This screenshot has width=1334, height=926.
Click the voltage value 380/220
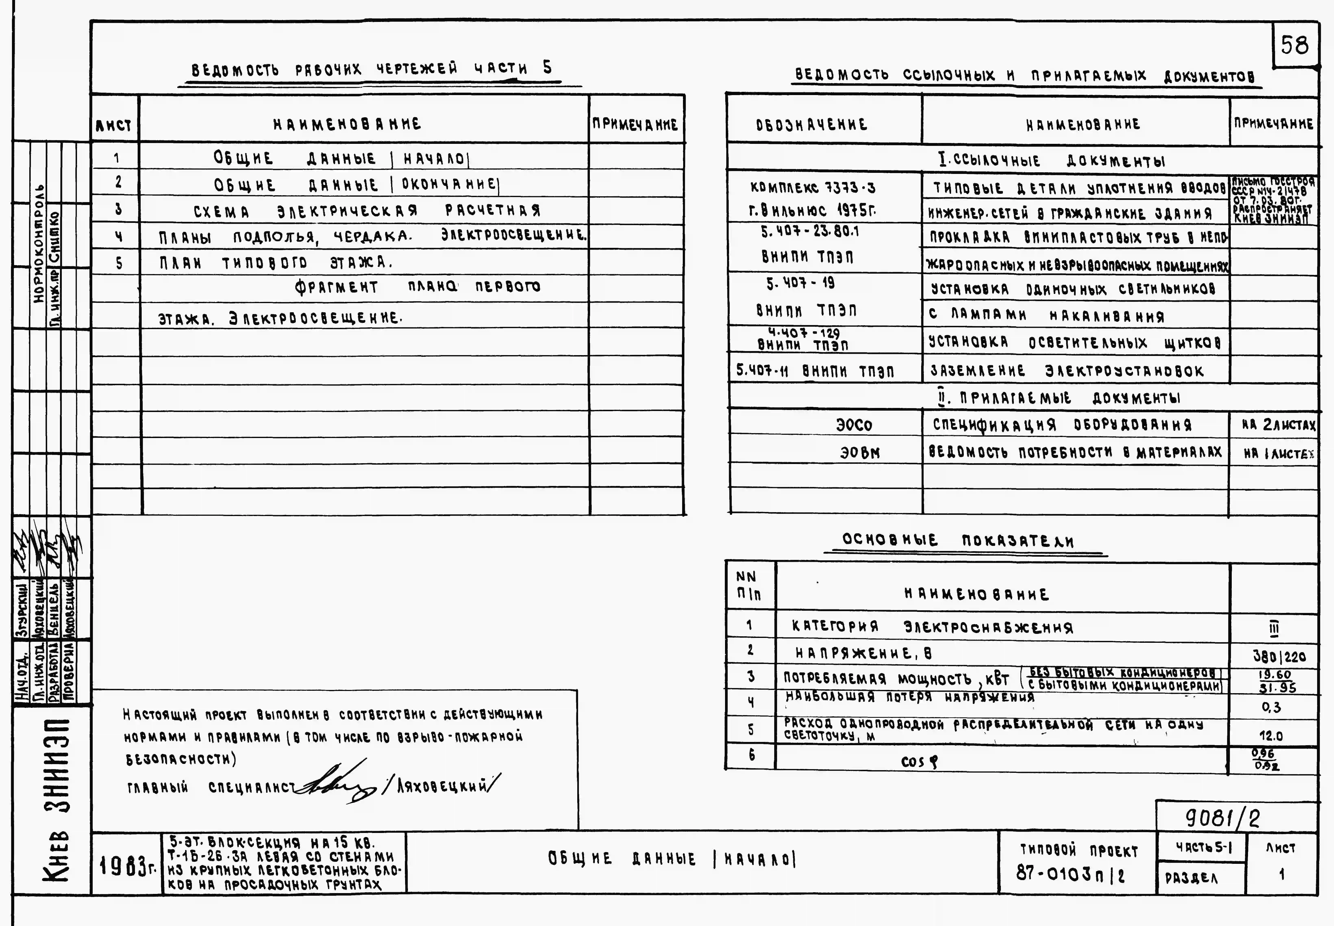click(x=1279, y=657)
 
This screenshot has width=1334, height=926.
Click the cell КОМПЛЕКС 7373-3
click(x=813, y=187)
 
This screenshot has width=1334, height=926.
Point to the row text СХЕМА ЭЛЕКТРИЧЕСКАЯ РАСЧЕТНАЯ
click(x=367, y=211)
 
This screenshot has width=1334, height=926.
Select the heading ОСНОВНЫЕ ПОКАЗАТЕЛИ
click(x=958, y=541)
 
